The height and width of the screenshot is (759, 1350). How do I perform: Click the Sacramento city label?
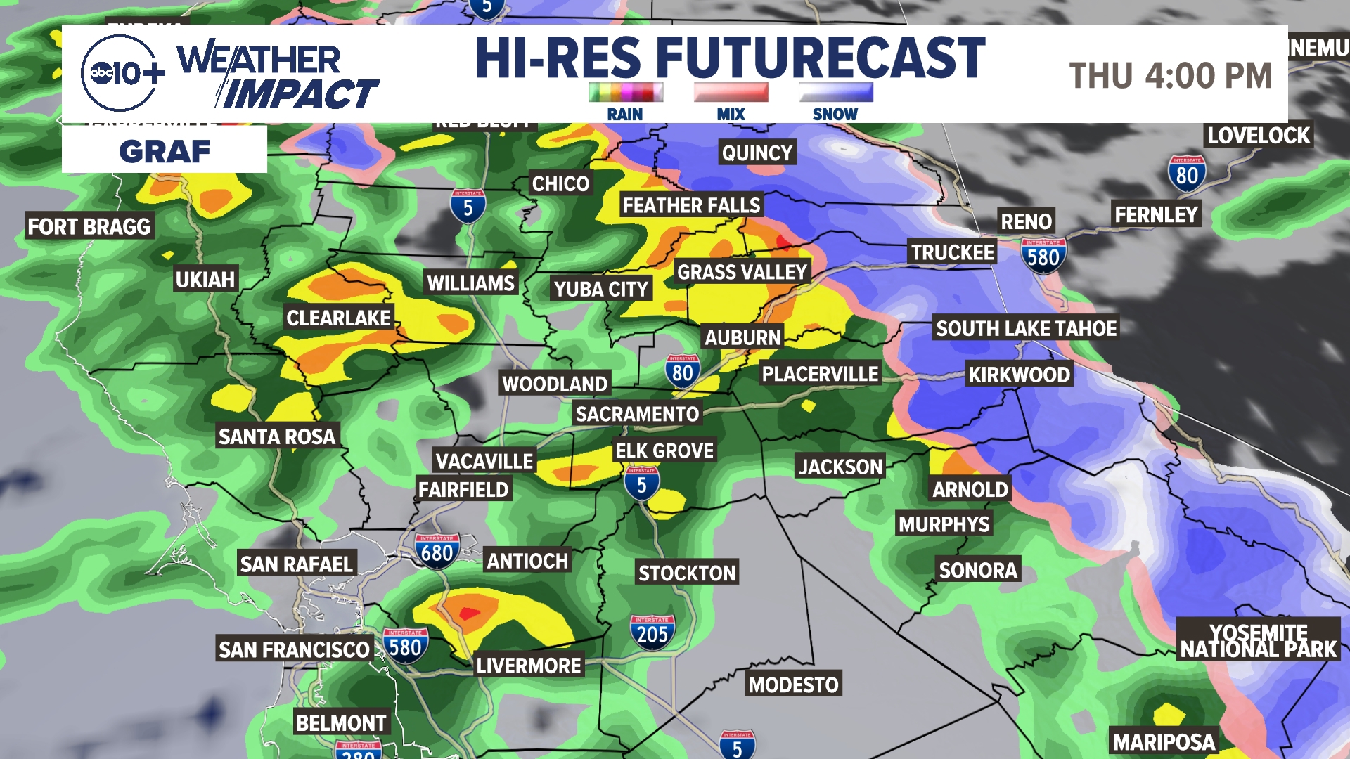point(637,414)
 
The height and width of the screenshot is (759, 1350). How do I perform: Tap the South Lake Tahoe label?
point(1026,328)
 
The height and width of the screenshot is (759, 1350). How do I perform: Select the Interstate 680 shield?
point(437,552)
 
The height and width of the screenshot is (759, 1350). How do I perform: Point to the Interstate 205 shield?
point(652,632)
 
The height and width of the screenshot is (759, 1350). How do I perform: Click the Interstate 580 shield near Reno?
point(1043,256)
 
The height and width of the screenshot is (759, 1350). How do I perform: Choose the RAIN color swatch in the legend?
point(625,92)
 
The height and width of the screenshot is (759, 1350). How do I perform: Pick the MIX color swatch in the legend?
point(731,92)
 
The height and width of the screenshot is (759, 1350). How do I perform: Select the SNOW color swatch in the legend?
point(835,92)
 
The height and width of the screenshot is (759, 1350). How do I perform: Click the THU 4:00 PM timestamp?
point(1171,76)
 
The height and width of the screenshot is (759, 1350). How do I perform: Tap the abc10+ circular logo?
point(120,73)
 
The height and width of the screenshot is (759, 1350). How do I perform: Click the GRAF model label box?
point(165,150)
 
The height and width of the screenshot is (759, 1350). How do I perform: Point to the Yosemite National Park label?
point(1258,640)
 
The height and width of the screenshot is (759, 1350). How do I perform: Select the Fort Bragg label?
point(89,226)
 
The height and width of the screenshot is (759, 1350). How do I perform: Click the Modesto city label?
point(793,685)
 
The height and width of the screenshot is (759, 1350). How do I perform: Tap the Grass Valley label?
point(742,272)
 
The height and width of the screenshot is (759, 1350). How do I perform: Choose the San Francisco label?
point(294,649)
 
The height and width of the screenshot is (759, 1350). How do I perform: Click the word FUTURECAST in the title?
point(821,58)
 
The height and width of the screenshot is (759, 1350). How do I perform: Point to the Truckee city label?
point(953,252)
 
